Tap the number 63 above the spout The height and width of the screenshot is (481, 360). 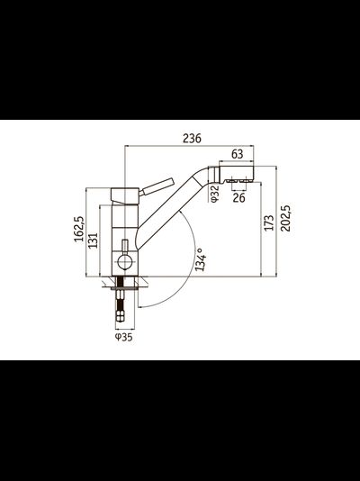click(237, 153)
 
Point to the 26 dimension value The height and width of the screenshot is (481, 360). click(238, 198)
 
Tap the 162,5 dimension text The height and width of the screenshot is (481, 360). click(80, 231)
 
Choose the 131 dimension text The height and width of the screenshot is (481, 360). click(93, 238)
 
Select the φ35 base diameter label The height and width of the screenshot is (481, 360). click(124, 339)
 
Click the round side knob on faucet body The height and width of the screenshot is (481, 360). click(124, 264)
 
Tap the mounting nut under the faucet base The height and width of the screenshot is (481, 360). click(124, 286)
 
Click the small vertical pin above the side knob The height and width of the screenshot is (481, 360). click(124, 247)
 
